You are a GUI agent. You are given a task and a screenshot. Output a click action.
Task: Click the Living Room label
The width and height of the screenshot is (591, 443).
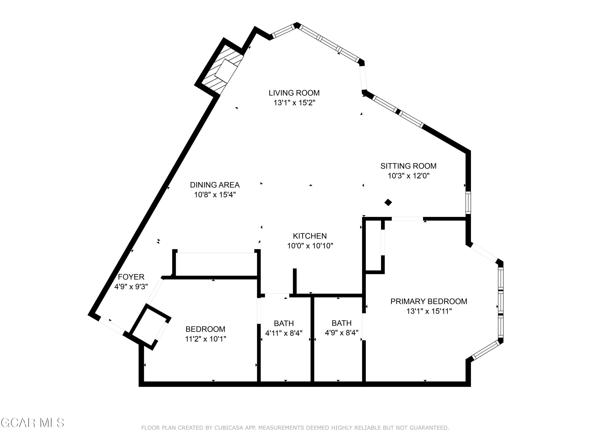tap(294, 93)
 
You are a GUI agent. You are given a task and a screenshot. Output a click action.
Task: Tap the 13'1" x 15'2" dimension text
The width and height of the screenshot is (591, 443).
tap(294, 103)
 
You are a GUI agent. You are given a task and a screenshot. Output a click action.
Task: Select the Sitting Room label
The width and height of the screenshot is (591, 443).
tap(408, 166)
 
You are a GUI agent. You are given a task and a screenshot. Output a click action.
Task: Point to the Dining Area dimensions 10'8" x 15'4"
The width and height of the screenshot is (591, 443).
tap(215, 195)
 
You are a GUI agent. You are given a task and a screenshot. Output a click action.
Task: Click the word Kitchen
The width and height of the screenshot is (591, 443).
tap(310, 236)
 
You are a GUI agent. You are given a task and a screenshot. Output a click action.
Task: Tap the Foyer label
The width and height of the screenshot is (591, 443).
tap(131, 277)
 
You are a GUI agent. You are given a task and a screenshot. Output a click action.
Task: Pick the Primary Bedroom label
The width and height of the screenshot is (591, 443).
tap(428, 301)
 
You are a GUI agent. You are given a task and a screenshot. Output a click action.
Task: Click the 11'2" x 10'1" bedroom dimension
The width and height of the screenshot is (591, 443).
tap(205, 339)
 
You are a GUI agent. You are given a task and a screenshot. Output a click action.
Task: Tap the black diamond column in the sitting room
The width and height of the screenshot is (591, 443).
tap(388, 202)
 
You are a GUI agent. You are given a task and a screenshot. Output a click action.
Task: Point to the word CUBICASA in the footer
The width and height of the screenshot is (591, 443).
tap(229, 428)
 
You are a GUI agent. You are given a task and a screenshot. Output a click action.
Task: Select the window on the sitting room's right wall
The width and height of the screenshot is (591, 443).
tap(468, 202)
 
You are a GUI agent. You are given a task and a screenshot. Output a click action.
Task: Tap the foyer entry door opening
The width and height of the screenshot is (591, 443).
tap(112, 325)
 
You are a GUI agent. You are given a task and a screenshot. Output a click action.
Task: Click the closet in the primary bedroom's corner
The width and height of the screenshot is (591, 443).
tap(373, 246)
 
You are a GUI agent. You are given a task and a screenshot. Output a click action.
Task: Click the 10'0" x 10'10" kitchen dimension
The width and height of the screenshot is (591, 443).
tap(310, 246)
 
